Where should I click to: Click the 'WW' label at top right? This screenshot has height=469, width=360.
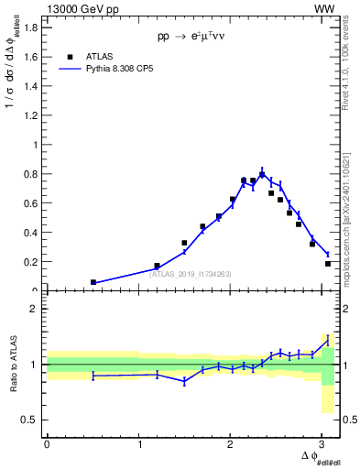coord(325,8)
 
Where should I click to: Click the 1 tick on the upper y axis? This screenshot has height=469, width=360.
coord(38,145)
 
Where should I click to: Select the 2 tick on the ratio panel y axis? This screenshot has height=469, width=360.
coord(38,309)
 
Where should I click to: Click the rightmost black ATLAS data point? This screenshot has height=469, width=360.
coord(328,264)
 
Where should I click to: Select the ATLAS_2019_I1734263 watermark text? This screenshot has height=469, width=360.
coord(191,273)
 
